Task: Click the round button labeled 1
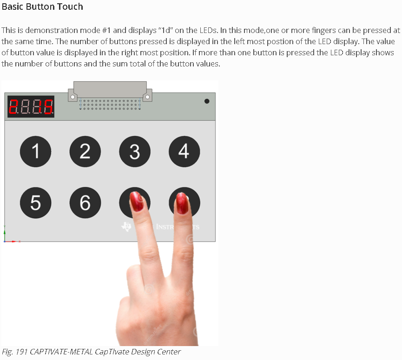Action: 35,151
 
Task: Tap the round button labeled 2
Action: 85,151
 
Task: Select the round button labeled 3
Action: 135,151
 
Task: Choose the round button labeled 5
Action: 35,203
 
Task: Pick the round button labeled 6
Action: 85,203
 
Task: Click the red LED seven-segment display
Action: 31,106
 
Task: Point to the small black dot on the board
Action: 207,101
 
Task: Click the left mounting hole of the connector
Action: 73,97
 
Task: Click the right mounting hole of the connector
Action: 147,97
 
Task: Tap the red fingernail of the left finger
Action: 137,202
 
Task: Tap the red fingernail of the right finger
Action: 182,203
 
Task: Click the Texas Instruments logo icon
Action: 126,227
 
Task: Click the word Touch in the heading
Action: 70,7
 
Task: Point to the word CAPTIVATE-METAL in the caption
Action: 61,352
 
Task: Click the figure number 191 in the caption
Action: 21,352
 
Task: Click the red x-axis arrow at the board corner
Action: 11,242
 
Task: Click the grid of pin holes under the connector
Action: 110,105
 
